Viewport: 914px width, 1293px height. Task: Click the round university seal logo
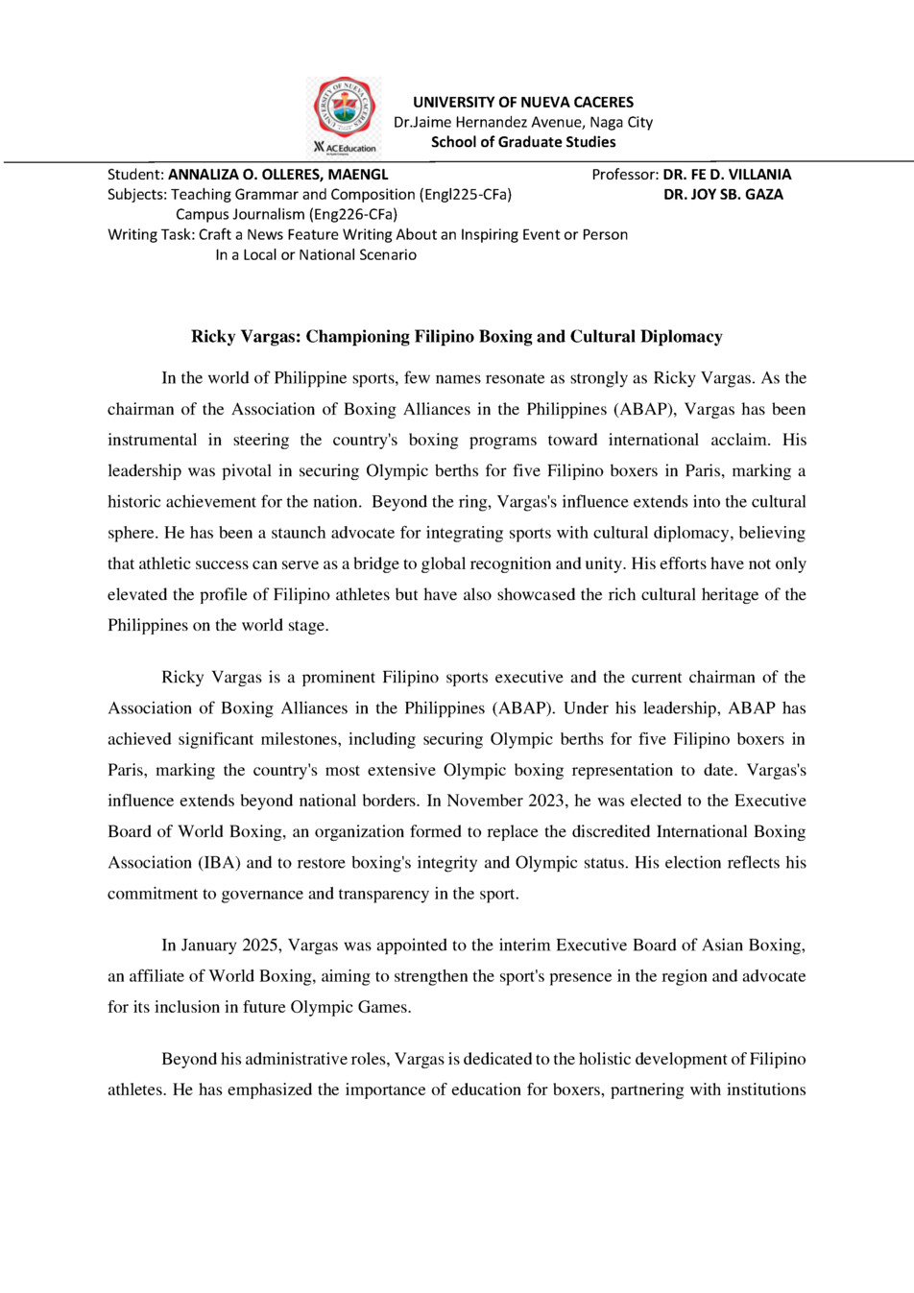click(344, 108)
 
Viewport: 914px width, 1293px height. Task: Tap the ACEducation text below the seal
click(350, 149)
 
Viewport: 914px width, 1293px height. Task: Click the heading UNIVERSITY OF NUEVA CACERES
click(523, 102)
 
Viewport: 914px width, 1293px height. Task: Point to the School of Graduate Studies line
click(523, 142)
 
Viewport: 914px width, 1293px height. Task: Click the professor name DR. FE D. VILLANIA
click(727, 175)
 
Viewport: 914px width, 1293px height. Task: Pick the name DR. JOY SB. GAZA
click(723, 194)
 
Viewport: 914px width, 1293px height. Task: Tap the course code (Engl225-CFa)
click(466, 194)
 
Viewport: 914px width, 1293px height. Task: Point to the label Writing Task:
click(152, 234)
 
